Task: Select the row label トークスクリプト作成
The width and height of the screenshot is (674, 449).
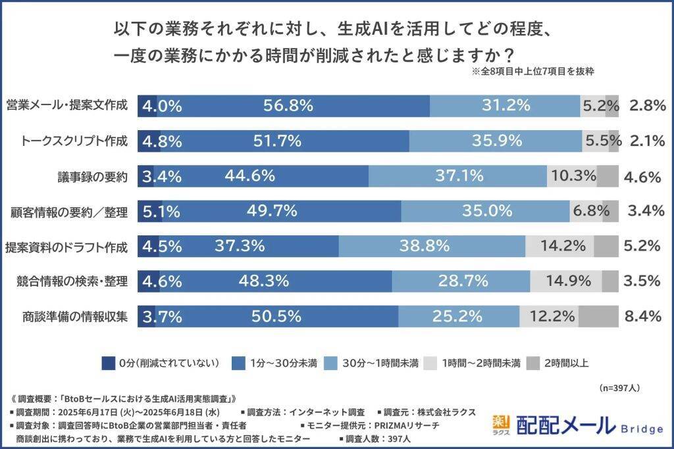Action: [74, 140]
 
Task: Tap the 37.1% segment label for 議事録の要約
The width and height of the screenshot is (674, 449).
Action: [459, 176]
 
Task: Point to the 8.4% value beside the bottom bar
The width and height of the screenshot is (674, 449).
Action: [642, 316]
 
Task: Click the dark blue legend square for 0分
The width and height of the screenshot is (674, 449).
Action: [109, 363]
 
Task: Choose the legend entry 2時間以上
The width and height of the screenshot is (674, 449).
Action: [559, 363]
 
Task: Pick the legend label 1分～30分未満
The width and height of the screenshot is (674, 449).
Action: [283, 363]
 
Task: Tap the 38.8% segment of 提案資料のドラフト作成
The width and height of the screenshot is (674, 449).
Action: [425, 246]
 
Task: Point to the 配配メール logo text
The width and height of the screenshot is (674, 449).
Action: [565, 426]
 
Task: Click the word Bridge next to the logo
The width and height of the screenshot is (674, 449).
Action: [642, 429]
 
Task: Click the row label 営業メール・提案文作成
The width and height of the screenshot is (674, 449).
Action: [66, 105]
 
